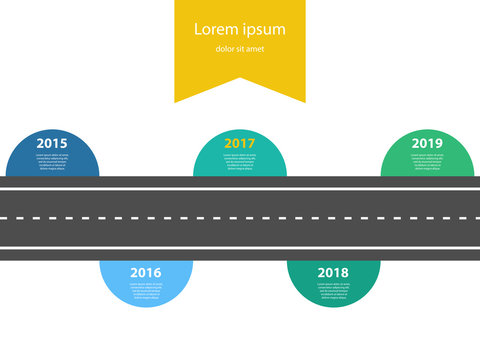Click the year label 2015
pyautogui.click(x=52, y=143)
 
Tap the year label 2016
pyautogui.click(x=145, y=272)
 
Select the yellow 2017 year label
pyautogui.click(x=240, y=143)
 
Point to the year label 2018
pyautogui.click(x=333, y=272)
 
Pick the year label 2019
pyautogui.click(x=427, y=143)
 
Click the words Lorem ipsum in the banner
pyautogui.click(x=240, y=29)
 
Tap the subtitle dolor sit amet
pyautogui.click(x=240, y=50)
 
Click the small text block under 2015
pyautogui.click(x=52, y=162)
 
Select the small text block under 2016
pyautogui.click(x=145, y=291)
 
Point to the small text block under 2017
pyautogui.click(x=240, y=162)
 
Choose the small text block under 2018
pyautogui.click(x=333, y=291)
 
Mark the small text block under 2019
pyautogui.click(x=427, y=162)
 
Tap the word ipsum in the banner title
pyautogui.click(x=263, y=30)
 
